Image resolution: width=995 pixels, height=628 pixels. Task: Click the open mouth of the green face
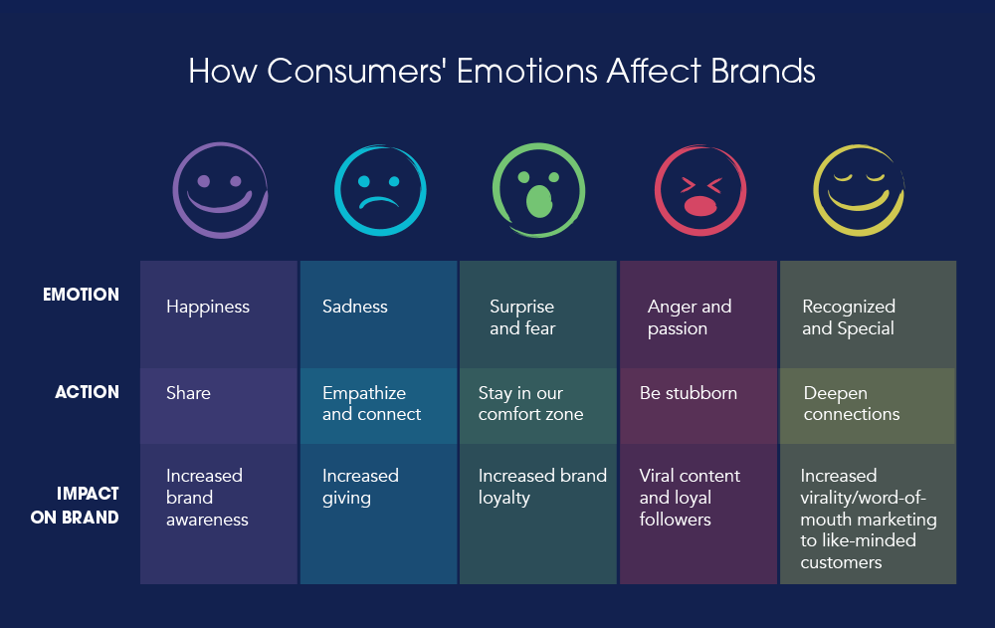pyautogui.click(x=538, y=201)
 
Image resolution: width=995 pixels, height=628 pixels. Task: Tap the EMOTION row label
pyautogui.click(x=81, y=295)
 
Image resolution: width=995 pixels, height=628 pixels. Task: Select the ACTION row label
pyautogui.click(x=87, y=392)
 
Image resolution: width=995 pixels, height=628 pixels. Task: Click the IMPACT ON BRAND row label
pyautogui.click(x=75, y=506)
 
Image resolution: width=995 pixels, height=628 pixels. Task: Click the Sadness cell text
pyautogui.click(x=355, y=307)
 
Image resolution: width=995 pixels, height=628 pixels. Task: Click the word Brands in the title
pyautogui.click(x=763, y=71)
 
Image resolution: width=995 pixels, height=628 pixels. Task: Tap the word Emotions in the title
pyautogui.click(x=527, y=71)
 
